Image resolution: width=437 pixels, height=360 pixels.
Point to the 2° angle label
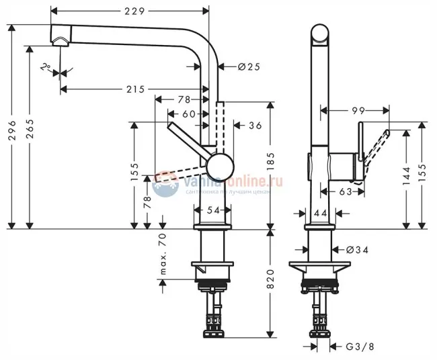(x=45, y=67)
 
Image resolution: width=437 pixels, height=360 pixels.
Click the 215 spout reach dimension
(x=136, y=89)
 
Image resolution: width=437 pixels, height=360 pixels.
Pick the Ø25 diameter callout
(x=248, y=66)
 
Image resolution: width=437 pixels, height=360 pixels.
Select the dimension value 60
(x=190, y=114)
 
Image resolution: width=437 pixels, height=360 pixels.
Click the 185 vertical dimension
(x=272, y=161)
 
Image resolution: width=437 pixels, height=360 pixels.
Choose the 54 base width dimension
(x=213, y=210)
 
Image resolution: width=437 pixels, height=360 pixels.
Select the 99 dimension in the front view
(x=358, y=109)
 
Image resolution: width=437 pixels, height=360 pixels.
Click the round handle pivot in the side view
(x=220, y=164)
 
